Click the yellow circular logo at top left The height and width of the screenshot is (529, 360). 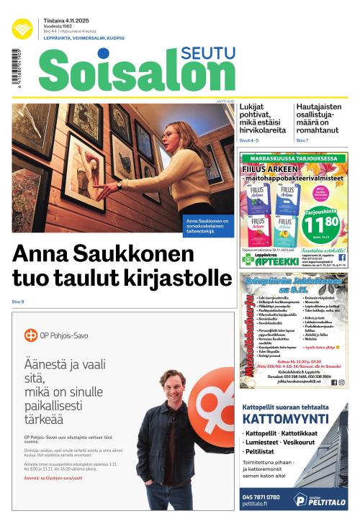pos(22,30)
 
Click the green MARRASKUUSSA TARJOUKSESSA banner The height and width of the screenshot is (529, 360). pos(294,158)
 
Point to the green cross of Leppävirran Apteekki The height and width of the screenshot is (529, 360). pos(248,259)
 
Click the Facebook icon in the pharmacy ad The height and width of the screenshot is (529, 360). pos(341,257)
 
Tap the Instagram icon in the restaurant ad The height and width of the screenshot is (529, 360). pos(341,383)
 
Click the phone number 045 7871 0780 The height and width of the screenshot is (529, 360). pos(261,497)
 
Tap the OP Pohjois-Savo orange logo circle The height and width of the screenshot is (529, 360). pos(30,335)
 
